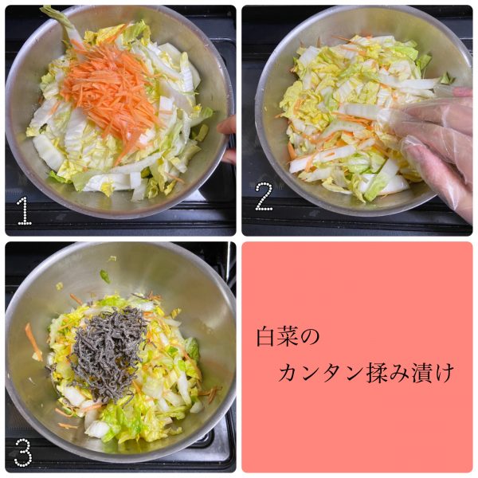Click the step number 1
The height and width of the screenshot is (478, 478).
click(25, 211)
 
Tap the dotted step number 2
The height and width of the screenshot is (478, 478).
click(264, 196)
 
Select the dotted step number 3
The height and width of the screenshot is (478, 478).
click(22, 453)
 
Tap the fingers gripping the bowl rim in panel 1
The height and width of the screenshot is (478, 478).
click(227, 139)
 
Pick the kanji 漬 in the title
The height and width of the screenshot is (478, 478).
click(421, 373)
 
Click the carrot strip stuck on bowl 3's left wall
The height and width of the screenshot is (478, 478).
click(33, 342)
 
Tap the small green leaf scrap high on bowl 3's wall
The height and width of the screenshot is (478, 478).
click(105, 276)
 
